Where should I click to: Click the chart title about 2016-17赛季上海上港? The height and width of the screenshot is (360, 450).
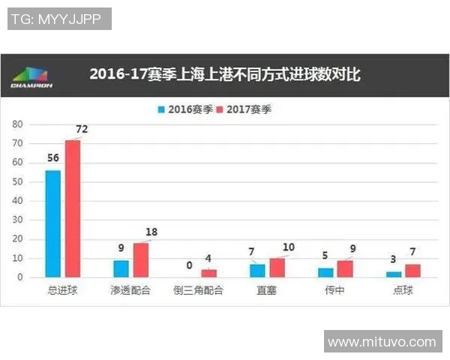225,74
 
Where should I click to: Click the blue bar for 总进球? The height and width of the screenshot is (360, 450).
53,223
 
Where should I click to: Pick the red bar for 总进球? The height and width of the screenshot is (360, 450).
72,208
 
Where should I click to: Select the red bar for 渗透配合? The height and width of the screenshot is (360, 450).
140,259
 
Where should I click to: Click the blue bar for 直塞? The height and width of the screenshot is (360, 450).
257,271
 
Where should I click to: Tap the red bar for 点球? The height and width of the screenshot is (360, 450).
412,271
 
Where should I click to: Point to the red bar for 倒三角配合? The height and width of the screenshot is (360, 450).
208,274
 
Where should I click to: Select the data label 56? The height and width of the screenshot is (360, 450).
52,158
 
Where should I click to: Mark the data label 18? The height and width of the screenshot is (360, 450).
151,232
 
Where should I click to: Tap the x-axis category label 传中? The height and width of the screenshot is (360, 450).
335,290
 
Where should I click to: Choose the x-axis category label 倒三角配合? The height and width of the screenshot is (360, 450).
199,290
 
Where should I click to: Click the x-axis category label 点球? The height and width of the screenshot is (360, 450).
403,290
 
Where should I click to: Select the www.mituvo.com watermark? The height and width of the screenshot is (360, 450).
382,342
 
